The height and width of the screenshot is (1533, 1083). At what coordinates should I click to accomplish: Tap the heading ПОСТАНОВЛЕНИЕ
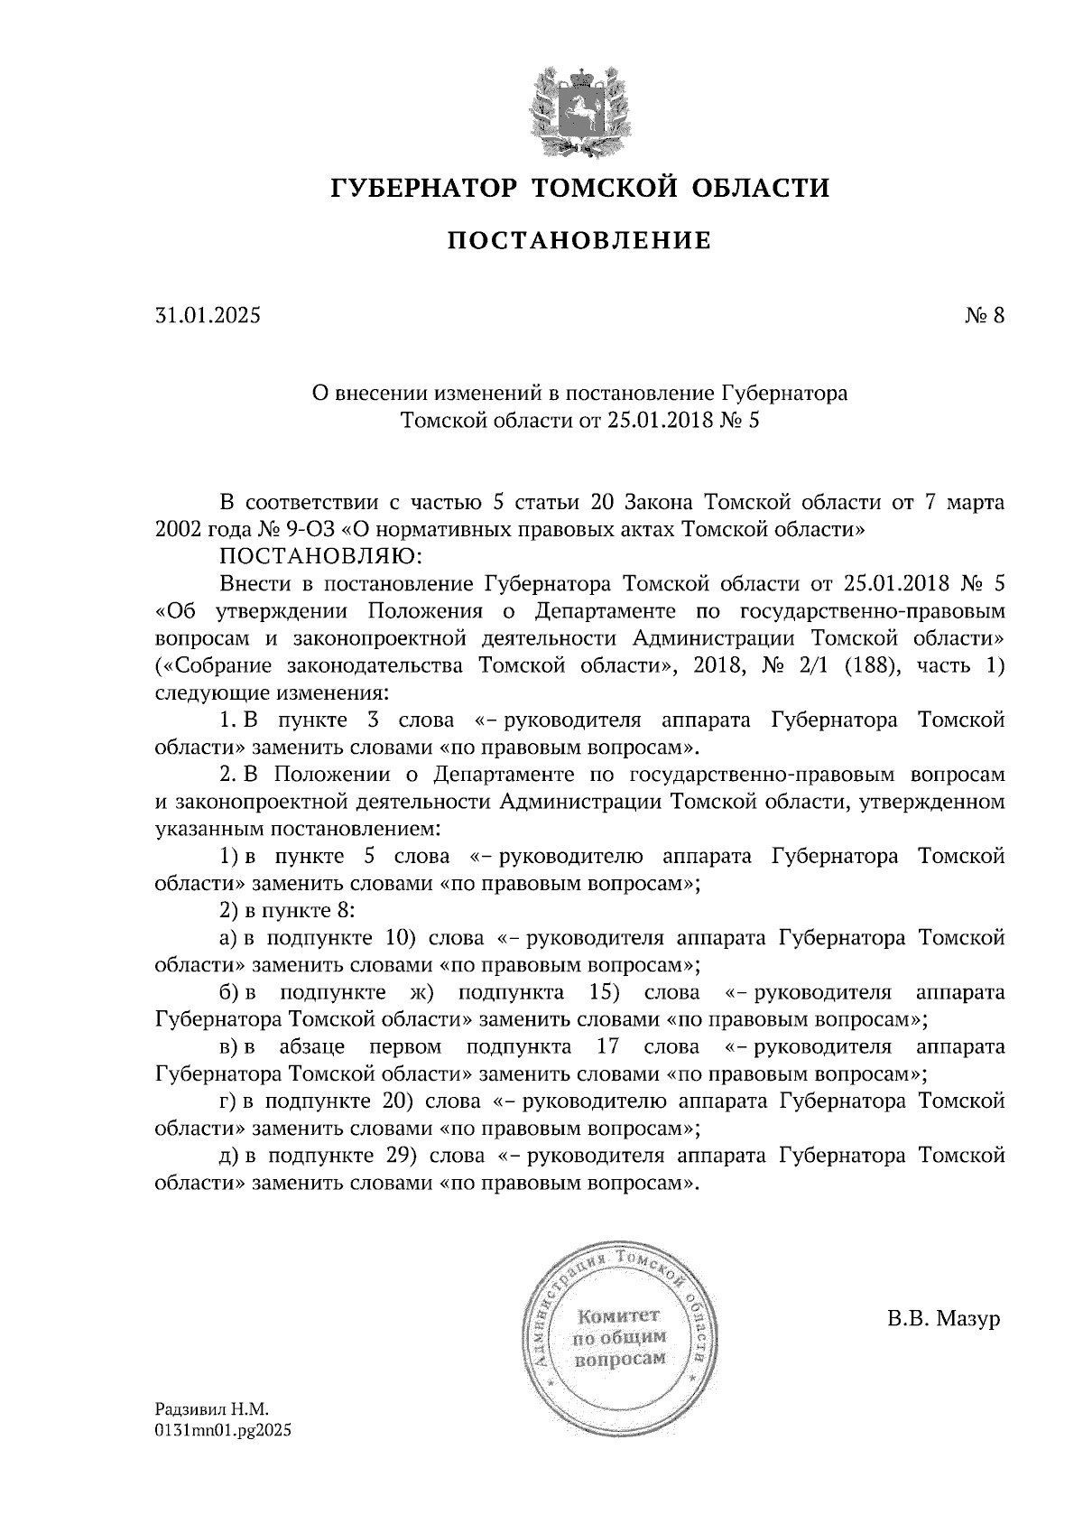(579, 241)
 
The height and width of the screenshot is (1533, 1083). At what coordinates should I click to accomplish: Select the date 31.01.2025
(207, 316)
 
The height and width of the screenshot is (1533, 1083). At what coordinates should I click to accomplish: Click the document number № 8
(983, 316)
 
